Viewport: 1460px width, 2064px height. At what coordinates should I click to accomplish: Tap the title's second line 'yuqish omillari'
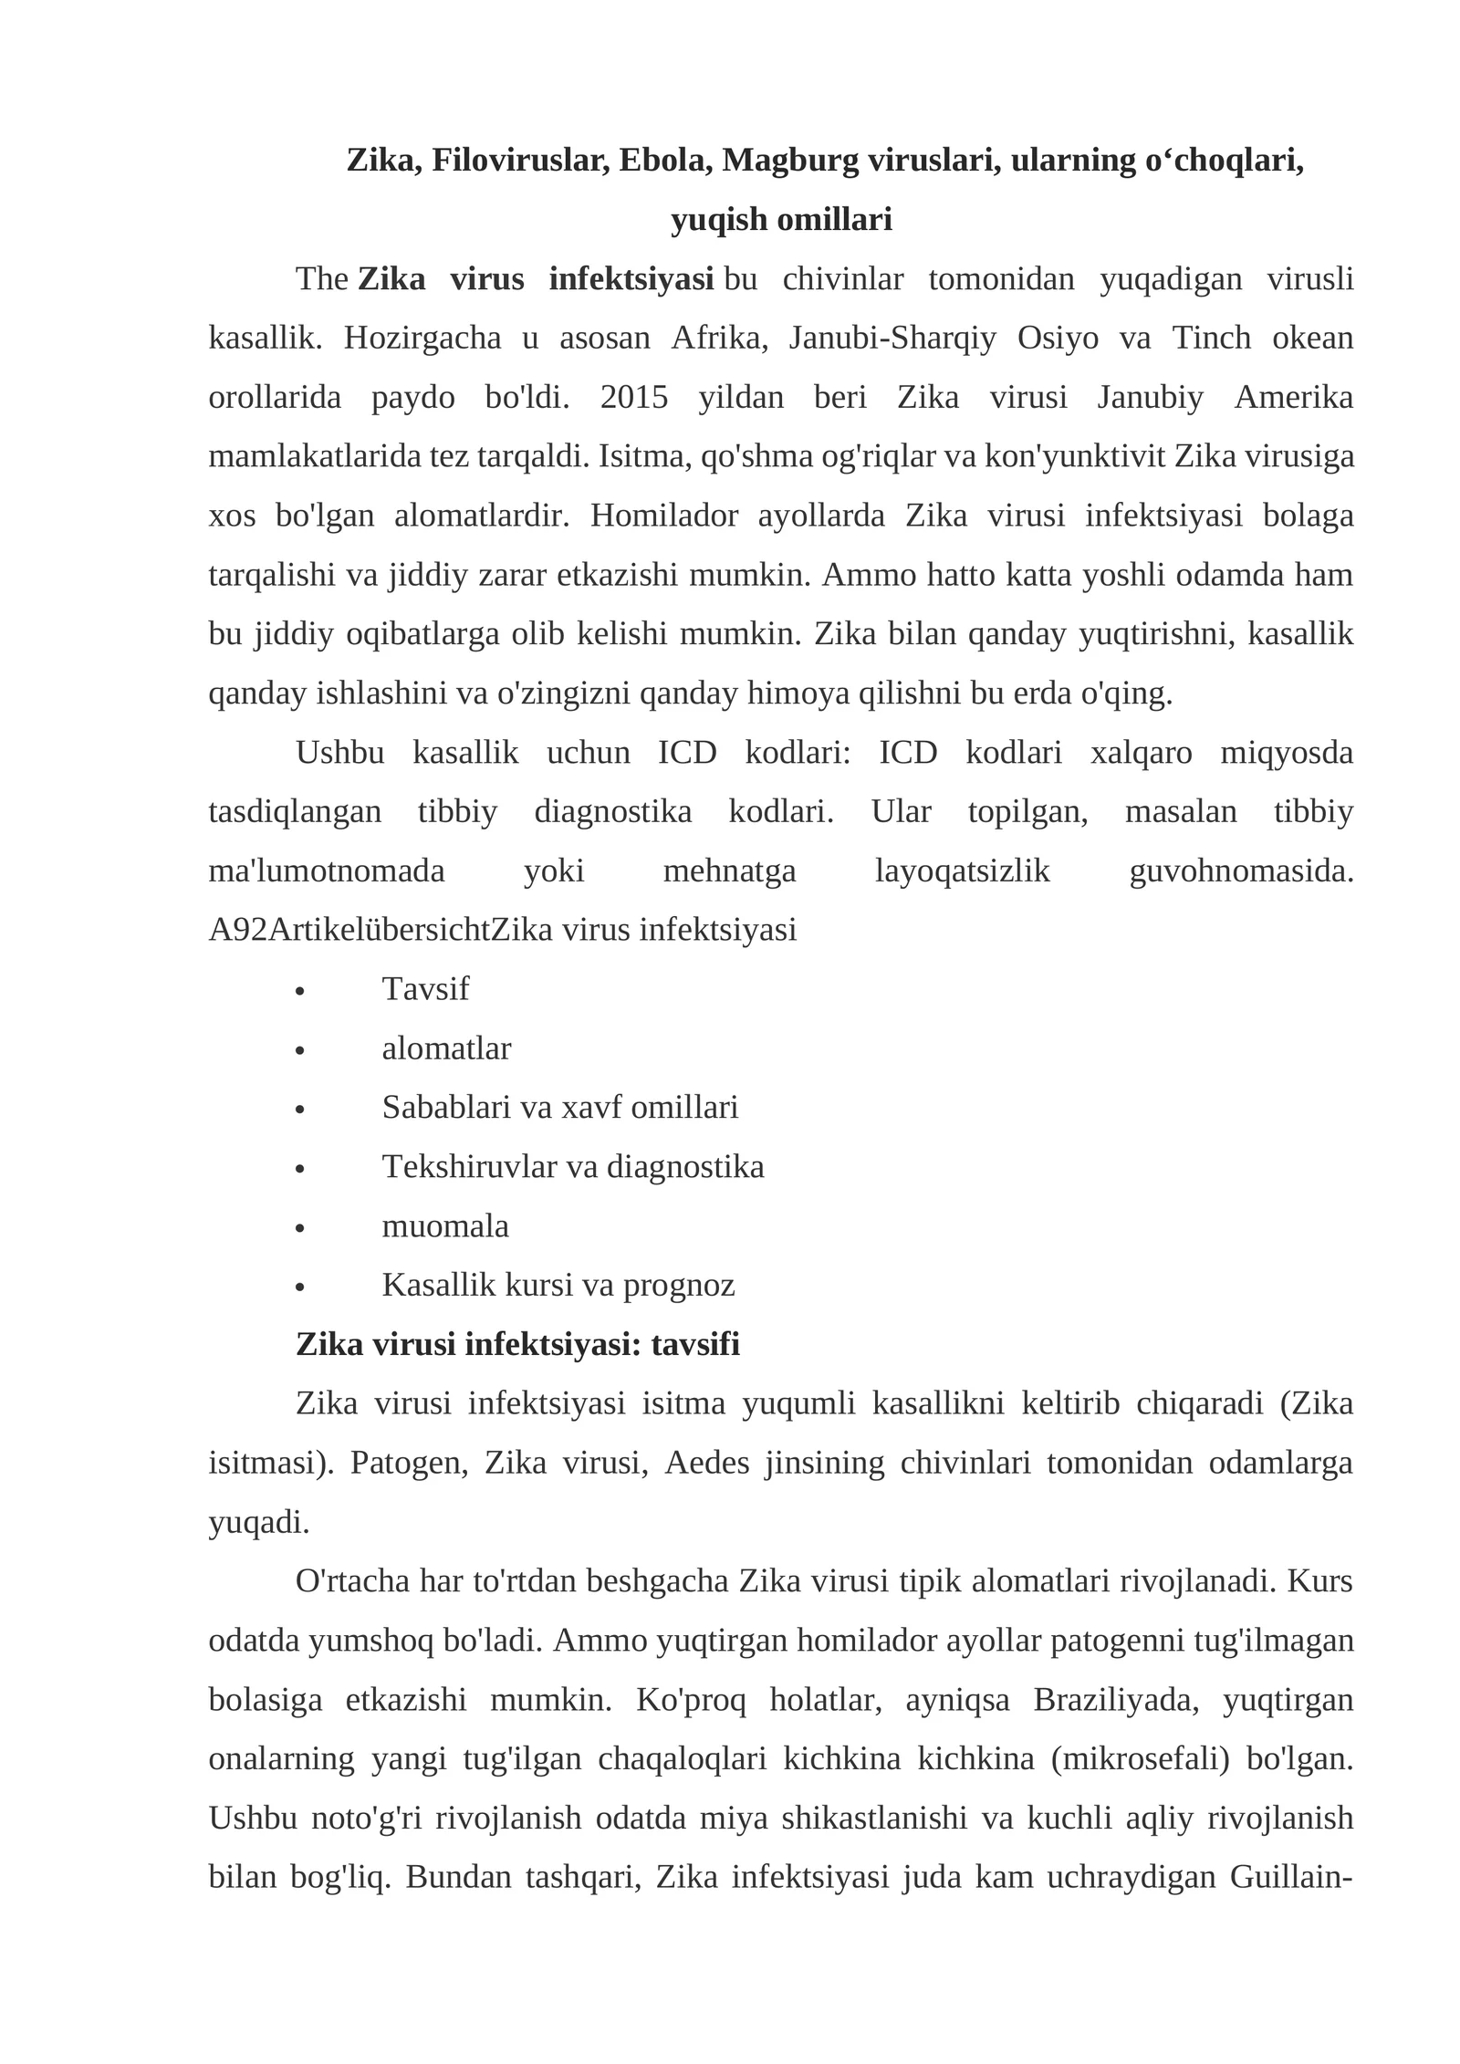point(781,220)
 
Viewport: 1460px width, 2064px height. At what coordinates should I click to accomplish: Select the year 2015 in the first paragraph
point(634,398)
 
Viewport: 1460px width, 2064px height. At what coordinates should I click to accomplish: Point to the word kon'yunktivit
point(1074,456)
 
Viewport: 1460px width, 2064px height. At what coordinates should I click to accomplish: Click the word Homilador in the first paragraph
point(664,516)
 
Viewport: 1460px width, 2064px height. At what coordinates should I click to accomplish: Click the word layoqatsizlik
point(963,871)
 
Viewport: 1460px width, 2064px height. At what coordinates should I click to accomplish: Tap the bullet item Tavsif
point(425,989)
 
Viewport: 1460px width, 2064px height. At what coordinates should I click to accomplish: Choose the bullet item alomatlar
point(446,1048)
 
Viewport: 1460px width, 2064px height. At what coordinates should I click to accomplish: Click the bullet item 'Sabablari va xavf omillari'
point(559,1108)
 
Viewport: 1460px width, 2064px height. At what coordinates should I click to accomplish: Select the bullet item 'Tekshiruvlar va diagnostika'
point(573,1167)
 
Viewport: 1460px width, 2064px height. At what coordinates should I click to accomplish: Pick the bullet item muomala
point(445,1226)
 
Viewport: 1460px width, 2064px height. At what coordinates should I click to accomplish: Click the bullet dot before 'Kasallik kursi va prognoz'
point(299,1287)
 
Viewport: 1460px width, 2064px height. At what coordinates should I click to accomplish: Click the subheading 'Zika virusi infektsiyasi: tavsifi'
point(517,1345)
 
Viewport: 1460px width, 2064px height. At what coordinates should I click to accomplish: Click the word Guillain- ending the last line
point(1290,1878)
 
